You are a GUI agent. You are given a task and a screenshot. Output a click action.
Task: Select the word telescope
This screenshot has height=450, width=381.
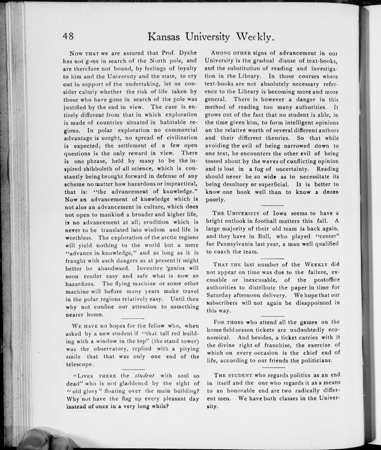click(x=81, y=364)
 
